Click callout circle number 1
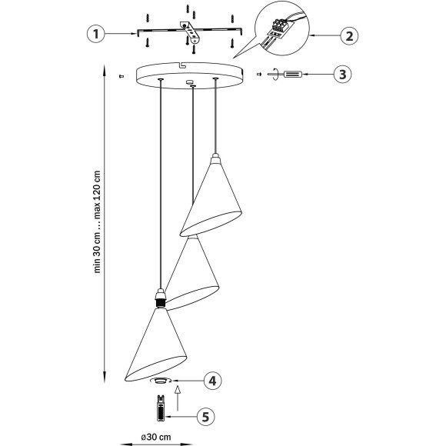click(x=94, y=34)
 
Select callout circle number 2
click(x=349, y=35)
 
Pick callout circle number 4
click(x=214, y=380)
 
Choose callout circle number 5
click(x=204, y=416)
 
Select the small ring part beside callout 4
click(x=160, y=380)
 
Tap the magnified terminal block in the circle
click(x=278, y=32)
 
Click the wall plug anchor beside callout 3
click(x=293, y=75)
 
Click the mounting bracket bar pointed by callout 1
click(x=154, y=34)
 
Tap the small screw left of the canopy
click(x=123, y=75)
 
